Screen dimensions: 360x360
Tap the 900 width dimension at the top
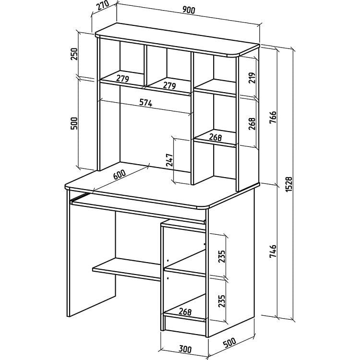[x=189, y=10]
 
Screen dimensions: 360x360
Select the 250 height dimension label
[x=74, y=54]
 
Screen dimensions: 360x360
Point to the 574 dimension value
[x=146, y=103]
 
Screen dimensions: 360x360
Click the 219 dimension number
[x=252, y=78]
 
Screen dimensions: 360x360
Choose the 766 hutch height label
[x=273, y=117]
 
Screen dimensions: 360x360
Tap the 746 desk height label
[x=273, y=251]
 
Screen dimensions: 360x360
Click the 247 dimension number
[x=169, y=160]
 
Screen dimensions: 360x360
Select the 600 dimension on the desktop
[x=120, y=175]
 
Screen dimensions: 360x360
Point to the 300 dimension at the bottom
[x=185, y=349]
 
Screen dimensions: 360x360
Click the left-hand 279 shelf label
[x=122, y=79]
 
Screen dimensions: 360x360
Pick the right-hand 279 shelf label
[x=169, y=85]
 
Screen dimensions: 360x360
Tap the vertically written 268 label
[x=252, y=124]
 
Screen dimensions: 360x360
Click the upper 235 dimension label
[x=222, y=256]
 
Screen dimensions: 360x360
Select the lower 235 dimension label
[x=222, y=301]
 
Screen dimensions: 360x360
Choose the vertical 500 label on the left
[x=74, y=123]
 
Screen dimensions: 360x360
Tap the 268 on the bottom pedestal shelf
[x=185, y=312]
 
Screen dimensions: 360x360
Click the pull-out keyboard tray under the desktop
[x=138, y=208]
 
